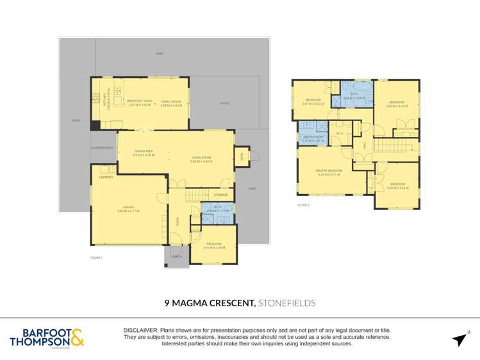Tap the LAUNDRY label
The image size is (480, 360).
pyautogui.click(x=106, y=177)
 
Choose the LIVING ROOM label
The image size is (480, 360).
pyautogui.click(x=201, y=158)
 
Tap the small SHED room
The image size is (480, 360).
pyautogui.click(x=242, y=156)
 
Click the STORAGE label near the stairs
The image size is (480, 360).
pyautogui.click(x=220, y=195)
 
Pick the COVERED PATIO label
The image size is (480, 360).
pyautogui.click(x=102, y=148)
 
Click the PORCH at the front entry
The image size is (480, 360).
pyautogui.click(x=175, y=256)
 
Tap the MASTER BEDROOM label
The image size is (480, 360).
pyautogui.click(x=329, y=170)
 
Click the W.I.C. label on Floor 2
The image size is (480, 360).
pyautogui.click(x=340, y=134)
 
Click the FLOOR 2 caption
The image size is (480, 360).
pyautogui.click(x=303, y=205)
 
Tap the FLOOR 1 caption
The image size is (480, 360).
pyautogui.click(x=97, y=257)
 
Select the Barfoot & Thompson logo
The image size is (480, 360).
pyautogui.click(x=46, y=338)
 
